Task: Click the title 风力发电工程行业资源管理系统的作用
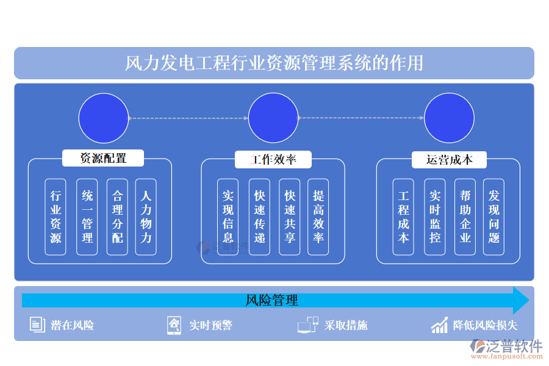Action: [274, 63]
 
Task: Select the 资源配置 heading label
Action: [103, 159]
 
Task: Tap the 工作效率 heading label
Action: [273, 160]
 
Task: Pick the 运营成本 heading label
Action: [449, 160]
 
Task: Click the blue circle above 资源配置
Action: [104, 118]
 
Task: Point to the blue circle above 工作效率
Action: [273, 118]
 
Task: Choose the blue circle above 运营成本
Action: [449, 118]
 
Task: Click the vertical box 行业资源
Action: [56, 217]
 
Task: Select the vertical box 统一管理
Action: [87, 217]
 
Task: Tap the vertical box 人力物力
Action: [146, 217]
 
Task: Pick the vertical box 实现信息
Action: [228, 217]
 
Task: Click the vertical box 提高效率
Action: [318, 217]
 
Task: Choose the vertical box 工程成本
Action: [403, 217]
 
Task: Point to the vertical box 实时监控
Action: [435, 217]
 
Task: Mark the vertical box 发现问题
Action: [494, 217]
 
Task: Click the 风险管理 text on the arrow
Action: [272, 300]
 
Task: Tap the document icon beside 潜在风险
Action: [37, 325]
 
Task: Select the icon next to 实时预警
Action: [174, 325]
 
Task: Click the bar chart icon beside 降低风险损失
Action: [439, 325]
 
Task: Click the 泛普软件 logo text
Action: [514, 346]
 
